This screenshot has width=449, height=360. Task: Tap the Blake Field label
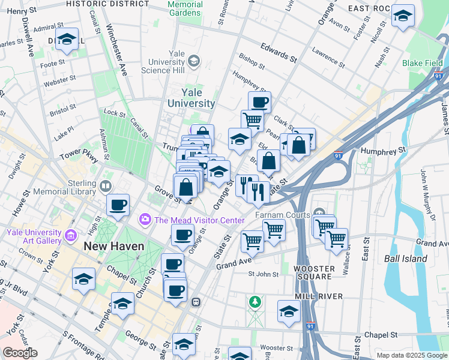[423, 63]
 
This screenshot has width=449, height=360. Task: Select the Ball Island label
[406, 259]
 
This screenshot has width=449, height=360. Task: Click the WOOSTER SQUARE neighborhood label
[314, 272]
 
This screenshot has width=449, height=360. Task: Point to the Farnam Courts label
[282, 214]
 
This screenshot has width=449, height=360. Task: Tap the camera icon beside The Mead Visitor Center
[145, 220]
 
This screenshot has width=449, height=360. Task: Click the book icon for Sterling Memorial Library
[107, 186]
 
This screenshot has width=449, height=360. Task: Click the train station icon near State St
[195, 302]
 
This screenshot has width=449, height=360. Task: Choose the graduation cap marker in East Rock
[402, 16]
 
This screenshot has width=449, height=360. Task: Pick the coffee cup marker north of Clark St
[259, 102]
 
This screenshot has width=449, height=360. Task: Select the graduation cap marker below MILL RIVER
[289, 311]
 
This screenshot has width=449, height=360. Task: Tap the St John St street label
[264, 274]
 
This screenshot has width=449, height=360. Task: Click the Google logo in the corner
[20, 353]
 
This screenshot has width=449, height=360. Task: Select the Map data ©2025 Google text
[412, 355]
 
